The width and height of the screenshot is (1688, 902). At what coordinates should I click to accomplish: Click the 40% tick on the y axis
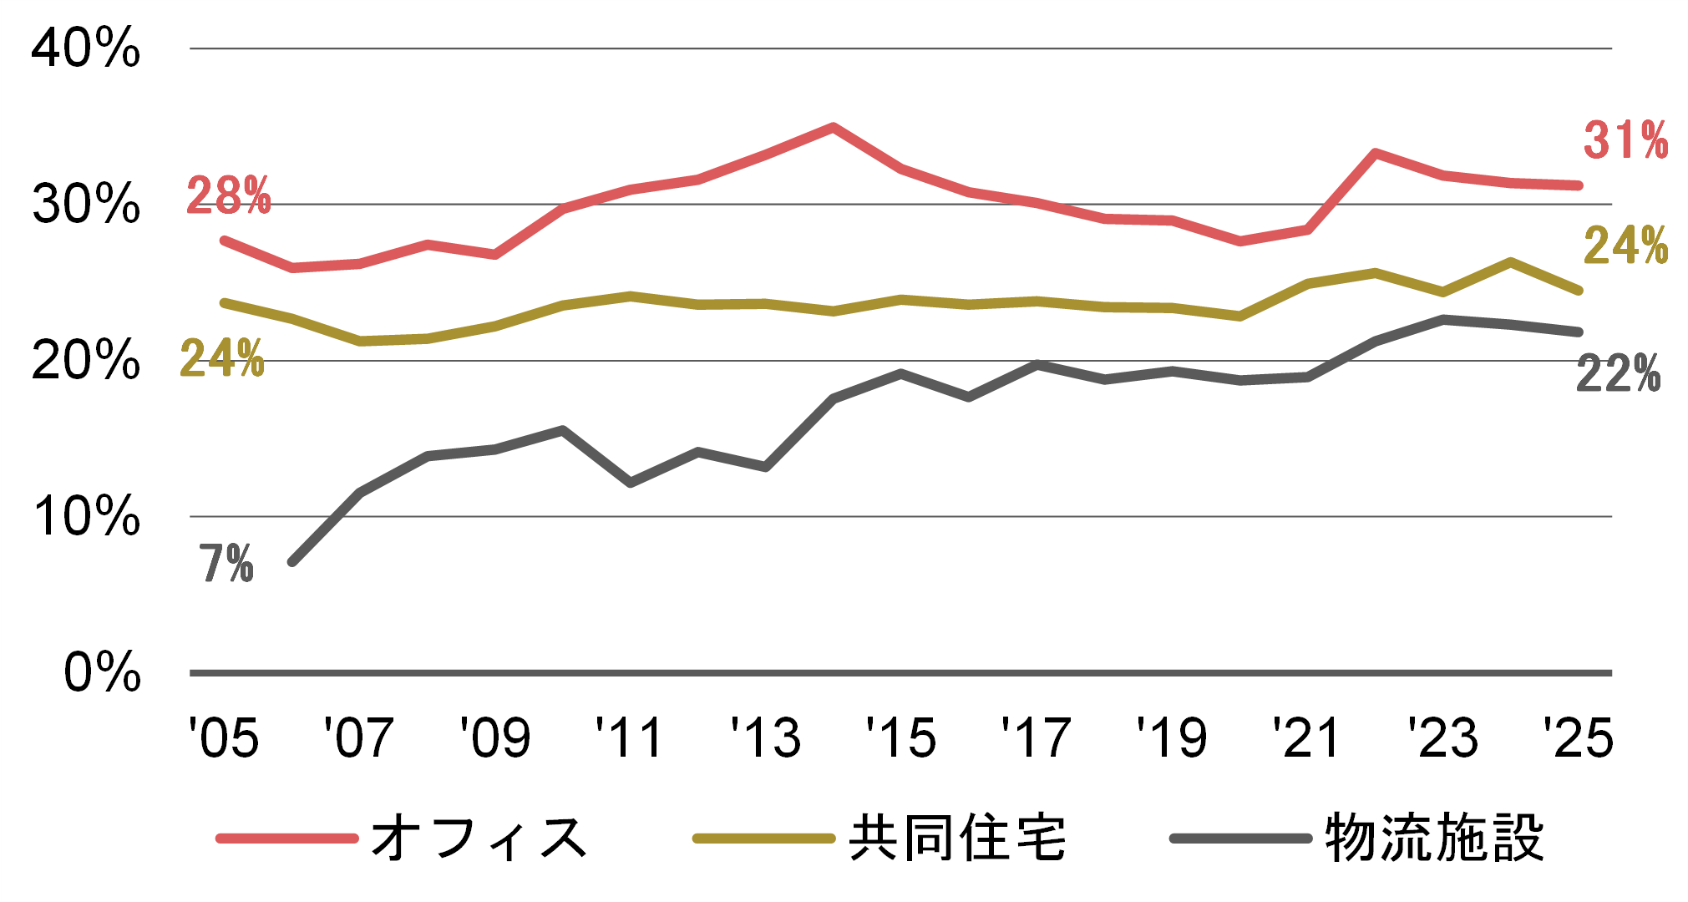86,48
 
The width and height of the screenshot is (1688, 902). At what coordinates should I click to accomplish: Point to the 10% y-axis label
86,516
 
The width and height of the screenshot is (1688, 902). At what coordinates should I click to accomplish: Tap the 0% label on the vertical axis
102,672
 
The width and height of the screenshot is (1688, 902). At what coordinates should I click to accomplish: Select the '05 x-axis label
224,737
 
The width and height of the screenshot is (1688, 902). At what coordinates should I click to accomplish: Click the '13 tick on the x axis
765,737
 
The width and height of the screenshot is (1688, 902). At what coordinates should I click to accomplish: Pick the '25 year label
1578,737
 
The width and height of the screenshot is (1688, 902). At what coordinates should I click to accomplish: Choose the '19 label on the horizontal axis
1172,737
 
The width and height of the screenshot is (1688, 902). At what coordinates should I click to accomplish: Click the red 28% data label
228,196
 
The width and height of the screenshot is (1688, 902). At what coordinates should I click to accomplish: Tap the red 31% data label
1625,140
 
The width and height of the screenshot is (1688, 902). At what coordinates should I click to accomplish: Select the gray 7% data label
226,564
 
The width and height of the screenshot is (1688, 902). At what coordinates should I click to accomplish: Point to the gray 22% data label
1618,374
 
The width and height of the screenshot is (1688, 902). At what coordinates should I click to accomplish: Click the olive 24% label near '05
222,359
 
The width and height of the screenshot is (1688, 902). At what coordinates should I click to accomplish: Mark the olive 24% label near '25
1625,246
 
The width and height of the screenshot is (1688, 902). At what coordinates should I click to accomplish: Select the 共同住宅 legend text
957,838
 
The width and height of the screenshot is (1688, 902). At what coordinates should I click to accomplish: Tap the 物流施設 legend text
1434,838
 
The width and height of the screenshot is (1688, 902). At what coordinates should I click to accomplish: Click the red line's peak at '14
833,127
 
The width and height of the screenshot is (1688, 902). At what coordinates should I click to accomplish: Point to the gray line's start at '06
292,562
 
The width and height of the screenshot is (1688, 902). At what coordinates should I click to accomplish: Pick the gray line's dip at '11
630,483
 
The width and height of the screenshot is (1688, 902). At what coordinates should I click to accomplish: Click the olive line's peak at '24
1510,261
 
